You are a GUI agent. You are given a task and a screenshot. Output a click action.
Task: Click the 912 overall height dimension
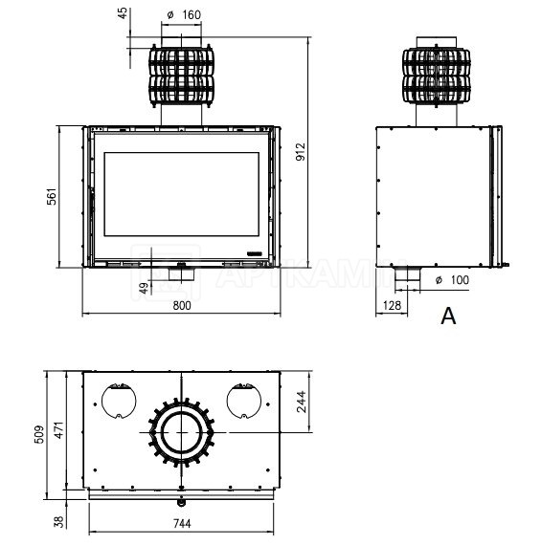pos(300,152)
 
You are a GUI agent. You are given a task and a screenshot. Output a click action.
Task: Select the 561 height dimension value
pos(52,197)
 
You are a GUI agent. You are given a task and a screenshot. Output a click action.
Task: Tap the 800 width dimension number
pos(182,306)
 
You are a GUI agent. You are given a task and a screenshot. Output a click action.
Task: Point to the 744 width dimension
pos(182,523)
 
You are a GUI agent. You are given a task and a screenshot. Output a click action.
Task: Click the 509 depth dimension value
pos(39,434)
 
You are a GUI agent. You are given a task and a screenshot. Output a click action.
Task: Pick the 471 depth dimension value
pos(59,429)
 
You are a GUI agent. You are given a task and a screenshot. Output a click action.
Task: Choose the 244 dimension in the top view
pos(301,402)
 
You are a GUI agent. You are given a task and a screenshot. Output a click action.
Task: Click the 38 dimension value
pos(60,521)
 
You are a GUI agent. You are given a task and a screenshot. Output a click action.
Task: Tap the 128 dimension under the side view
pos(392,306)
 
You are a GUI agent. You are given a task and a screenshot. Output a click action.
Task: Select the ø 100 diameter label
pos(452,280)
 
